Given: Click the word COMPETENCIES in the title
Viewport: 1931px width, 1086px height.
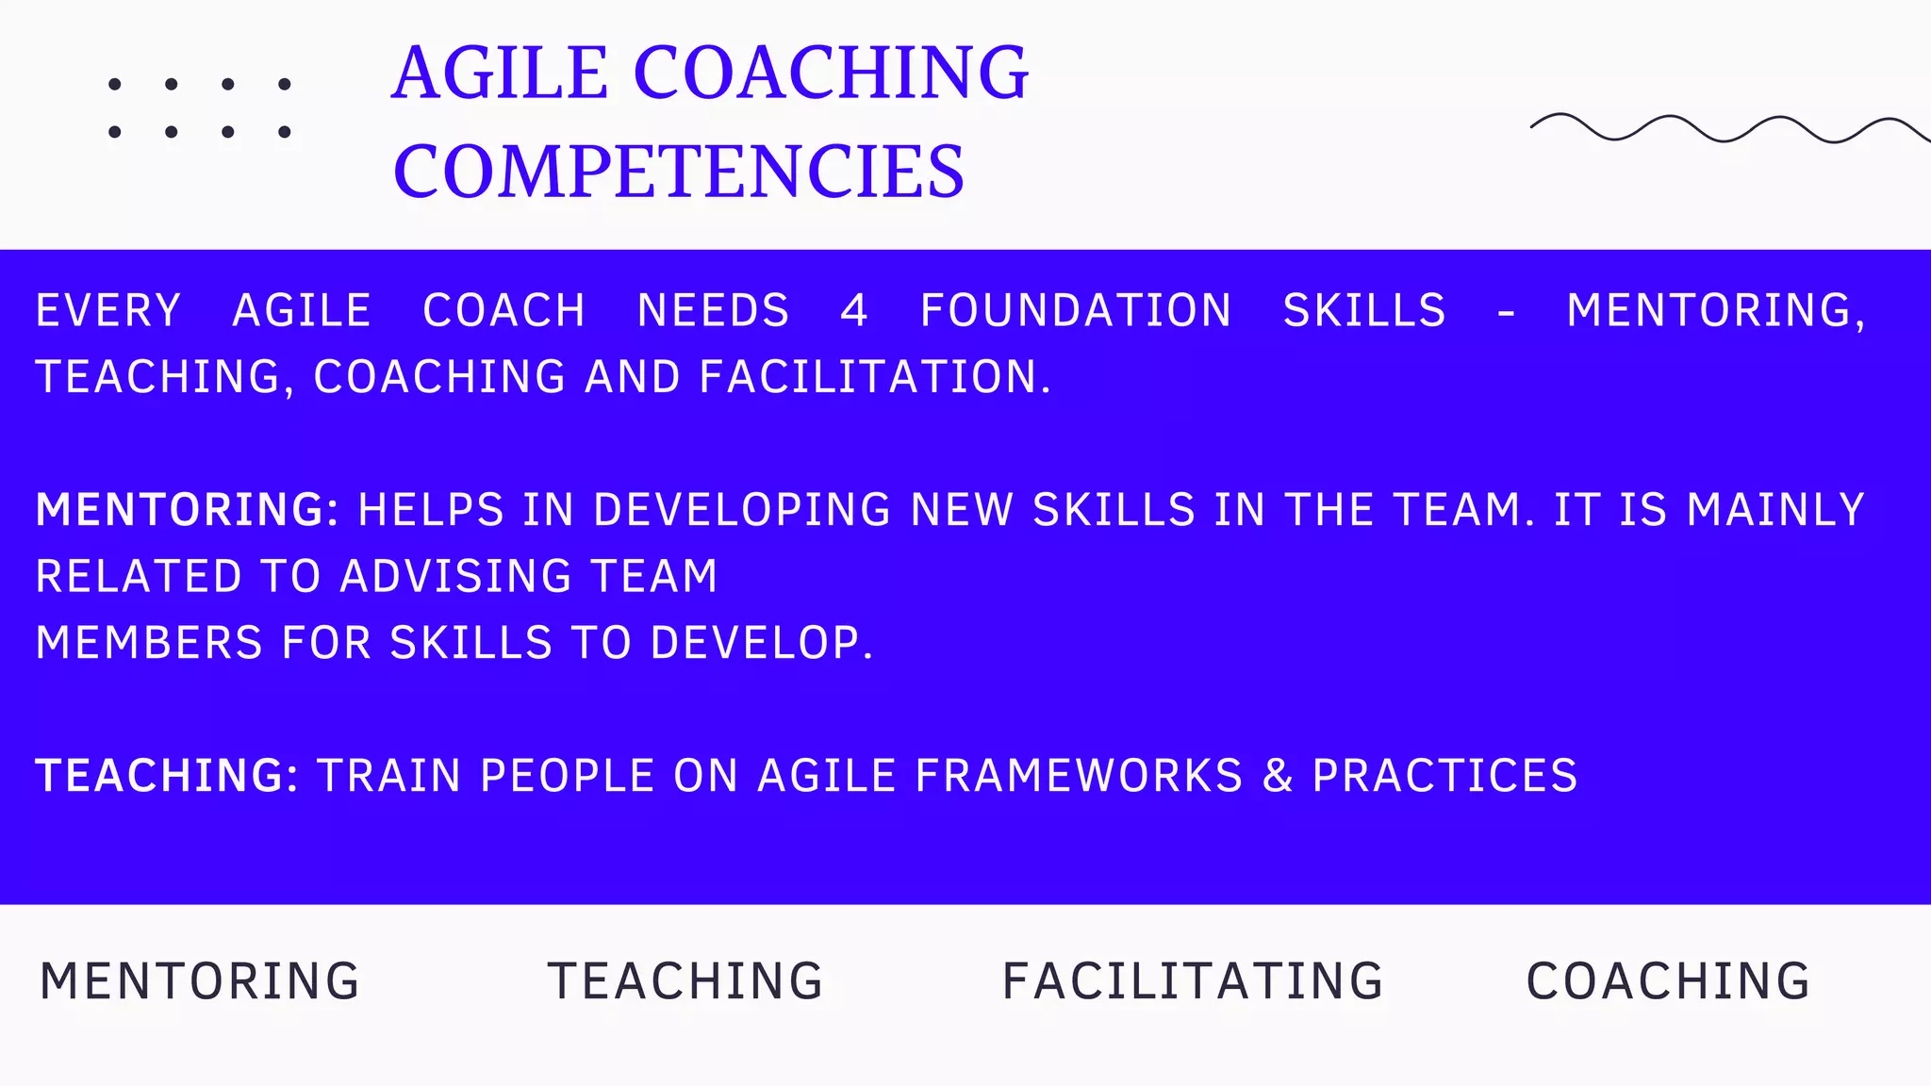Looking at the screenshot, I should (x=679, y=172).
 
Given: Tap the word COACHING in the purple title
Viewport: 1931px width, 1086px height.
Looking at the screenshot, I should (x=831, y=73).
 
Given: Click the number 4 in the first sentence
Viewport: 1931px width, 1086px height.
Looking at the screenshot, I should (x=853, y=311).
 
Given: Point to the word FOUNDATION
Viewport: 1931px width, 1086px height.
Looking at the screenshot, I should (x=1076, y=311).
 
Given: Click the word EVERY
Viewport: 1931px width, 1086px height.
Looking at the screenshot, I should (x=108, y=311).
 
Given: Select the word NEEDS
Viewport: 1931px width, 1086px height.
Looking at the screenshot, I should (x=714, y=311).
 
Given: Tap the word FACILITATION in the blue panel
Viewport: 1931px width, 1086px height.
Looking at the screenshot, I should (x=875, y=377).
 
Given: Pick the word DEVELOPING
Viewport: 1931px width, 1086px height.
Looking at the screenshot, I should (x=742, y=510).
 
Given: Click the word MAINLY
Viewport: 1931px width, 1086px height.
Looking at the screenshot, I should (x=1775, y=510).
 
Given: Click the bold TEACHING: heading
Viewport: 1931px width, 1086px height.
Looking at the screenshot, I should (x=167, y=776).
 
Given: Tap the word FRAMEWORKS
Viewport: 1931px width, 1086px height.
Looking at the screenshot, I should (x=1079, y=776).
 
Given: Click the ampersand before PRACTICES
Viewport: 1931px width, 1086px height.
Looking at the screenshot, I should (x=1278, y=776).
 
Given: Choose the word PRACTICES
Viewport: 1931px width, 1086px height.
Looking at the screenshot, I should (x=1444, y=776).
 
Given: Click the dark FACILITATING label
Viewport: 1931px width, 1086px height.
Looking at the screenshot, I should (x=1193, y=981).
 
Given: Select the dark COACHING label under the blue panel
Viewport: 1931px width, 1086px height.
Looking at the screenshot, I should (x=1668, y=981).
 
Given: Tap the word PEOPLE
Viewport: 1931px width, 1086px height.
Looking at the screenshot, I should (x=568, y=776).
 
